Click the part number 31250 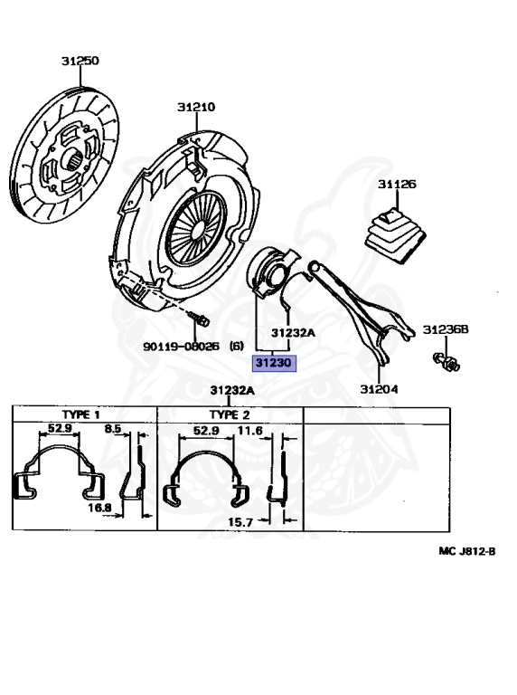pos(80,61)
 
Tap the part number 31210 pos(196,107)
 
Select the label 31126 pos(397,184)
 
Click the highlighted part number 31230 pos(274,363)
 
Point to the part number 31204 pos(379,389)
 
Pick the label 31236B pos(446,329)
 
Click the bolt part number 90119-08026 pos(181,347)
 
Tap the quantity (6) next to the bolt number pos(237,347)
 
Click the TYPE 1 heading pos(81,414)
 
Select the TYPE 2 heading pos(230,414)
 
